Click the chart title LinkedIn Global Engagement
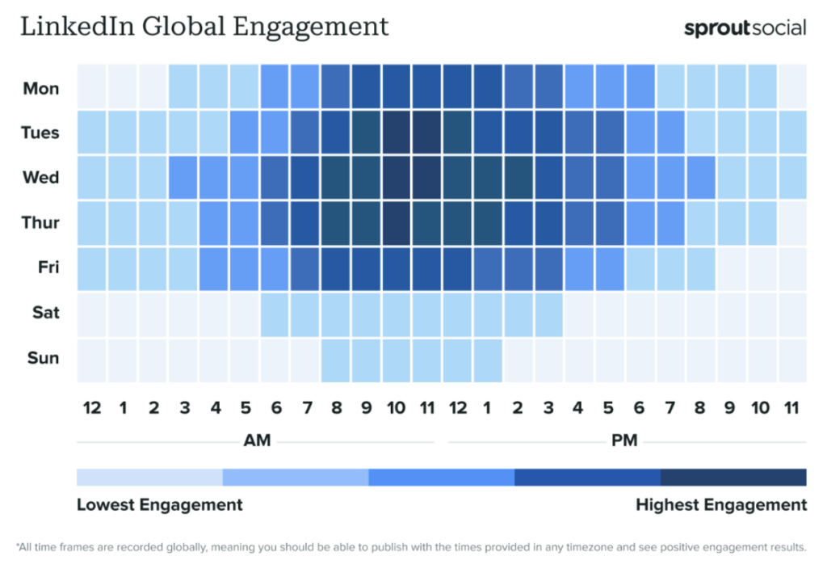[x=204, y=27]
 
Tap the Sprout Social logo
[x=745, y=28]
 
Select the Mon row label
[x=40, y=88]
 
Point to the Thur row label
[x=40, y=223]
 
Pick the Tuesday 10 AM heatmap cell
[x=397, y=133]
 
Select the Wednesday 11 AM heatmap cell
[x=426, y=177]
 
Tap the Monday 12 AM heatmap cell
[x=92, y=88]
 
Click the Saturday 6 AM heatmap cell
[x=275, y=313]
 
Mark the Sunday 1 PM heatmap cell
[x=488, y=358]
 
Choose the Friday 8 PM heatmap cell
[x=700, y=268]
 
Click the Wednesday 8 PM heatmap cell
[x=700, y=177]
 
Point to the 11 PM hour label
[x=791, y=408]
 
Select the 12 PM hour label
[x=457, y=408]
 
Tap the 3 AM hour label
[x=184, y=408]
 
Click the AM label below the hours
[x=257, y=440]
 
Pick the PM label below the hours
[x=625, y=440]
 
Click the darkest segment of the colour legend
[x=733, y=478]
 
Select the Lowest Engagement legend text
[x=159, y=505]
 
